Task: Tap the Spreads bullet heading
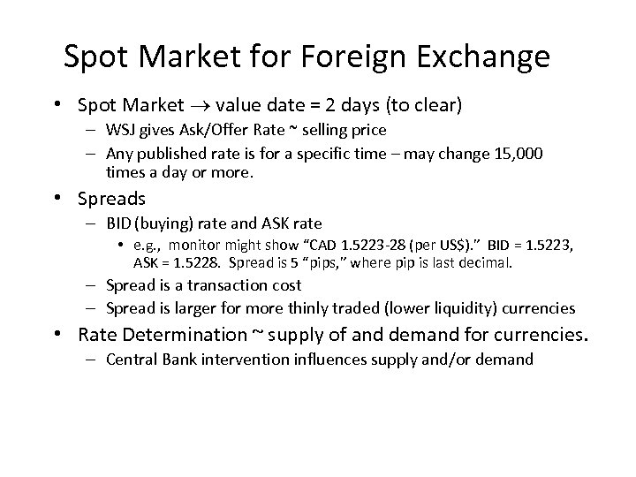(x=112, y=199)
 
